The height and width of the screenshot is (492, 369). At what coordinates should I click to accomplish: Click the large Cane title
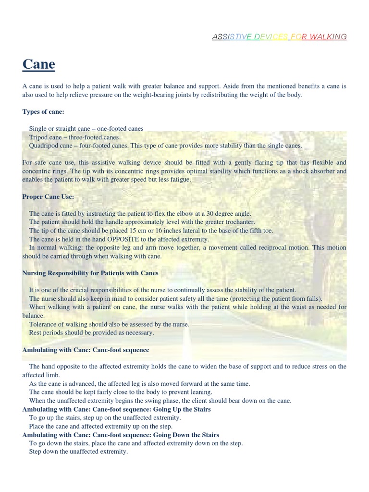click(38, 64)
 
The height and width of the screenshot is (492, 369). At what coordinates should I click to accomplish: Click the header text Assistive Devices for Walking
click(279, 37)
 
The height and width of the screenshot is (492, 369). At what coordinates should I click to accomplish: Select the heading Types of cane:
click(43, 112)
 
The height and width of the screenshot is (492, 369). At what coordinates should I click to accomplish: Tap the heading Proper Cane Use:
click(48, 197)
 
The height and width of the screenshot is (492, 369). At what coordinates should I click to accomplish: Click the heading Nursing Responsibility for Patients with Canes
click(90, 273)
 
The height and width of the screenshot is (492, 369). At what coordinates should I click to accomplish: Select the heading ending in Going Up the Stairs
click(117, 409)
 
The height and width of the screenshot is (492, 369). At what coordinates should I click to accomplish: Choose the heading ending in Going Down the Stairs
click(121, 435)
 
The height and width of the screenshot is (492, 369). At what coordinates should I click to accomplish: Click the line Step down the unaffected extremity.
click(78, 452)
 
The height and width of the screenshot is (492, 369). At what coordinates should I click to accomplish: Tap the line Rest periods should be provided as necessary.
click(91, 332)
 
